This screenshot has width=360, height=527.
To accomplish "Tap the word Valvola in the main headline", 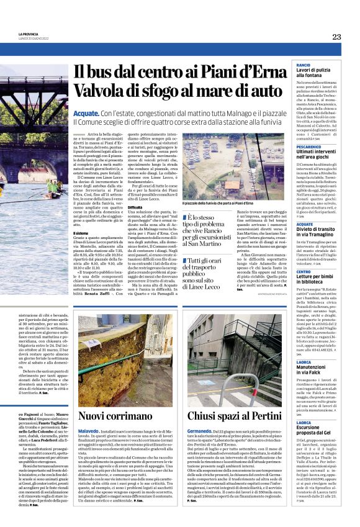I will pyautogui.click(x=99, y=91).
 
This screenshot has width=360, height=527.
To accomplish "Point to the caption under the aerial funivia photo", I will pyautogui.click(x=217, y=203).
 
